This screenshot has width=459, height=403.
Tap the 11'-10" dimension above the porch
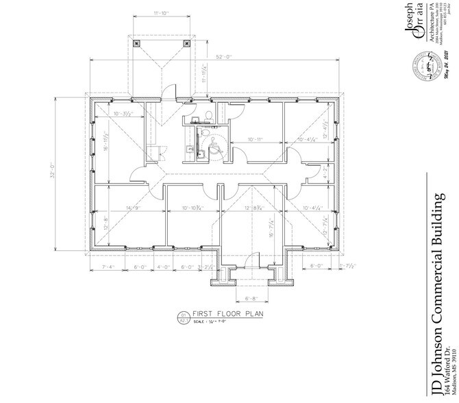pyautogui.click(x=162, y=12)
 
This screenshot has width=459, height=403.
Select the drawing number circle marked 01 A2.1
pyautogui.click(x=184, y=318)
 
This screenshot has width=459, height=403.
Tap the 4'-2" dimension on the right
pyautogui.click(x=325, y=173)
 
